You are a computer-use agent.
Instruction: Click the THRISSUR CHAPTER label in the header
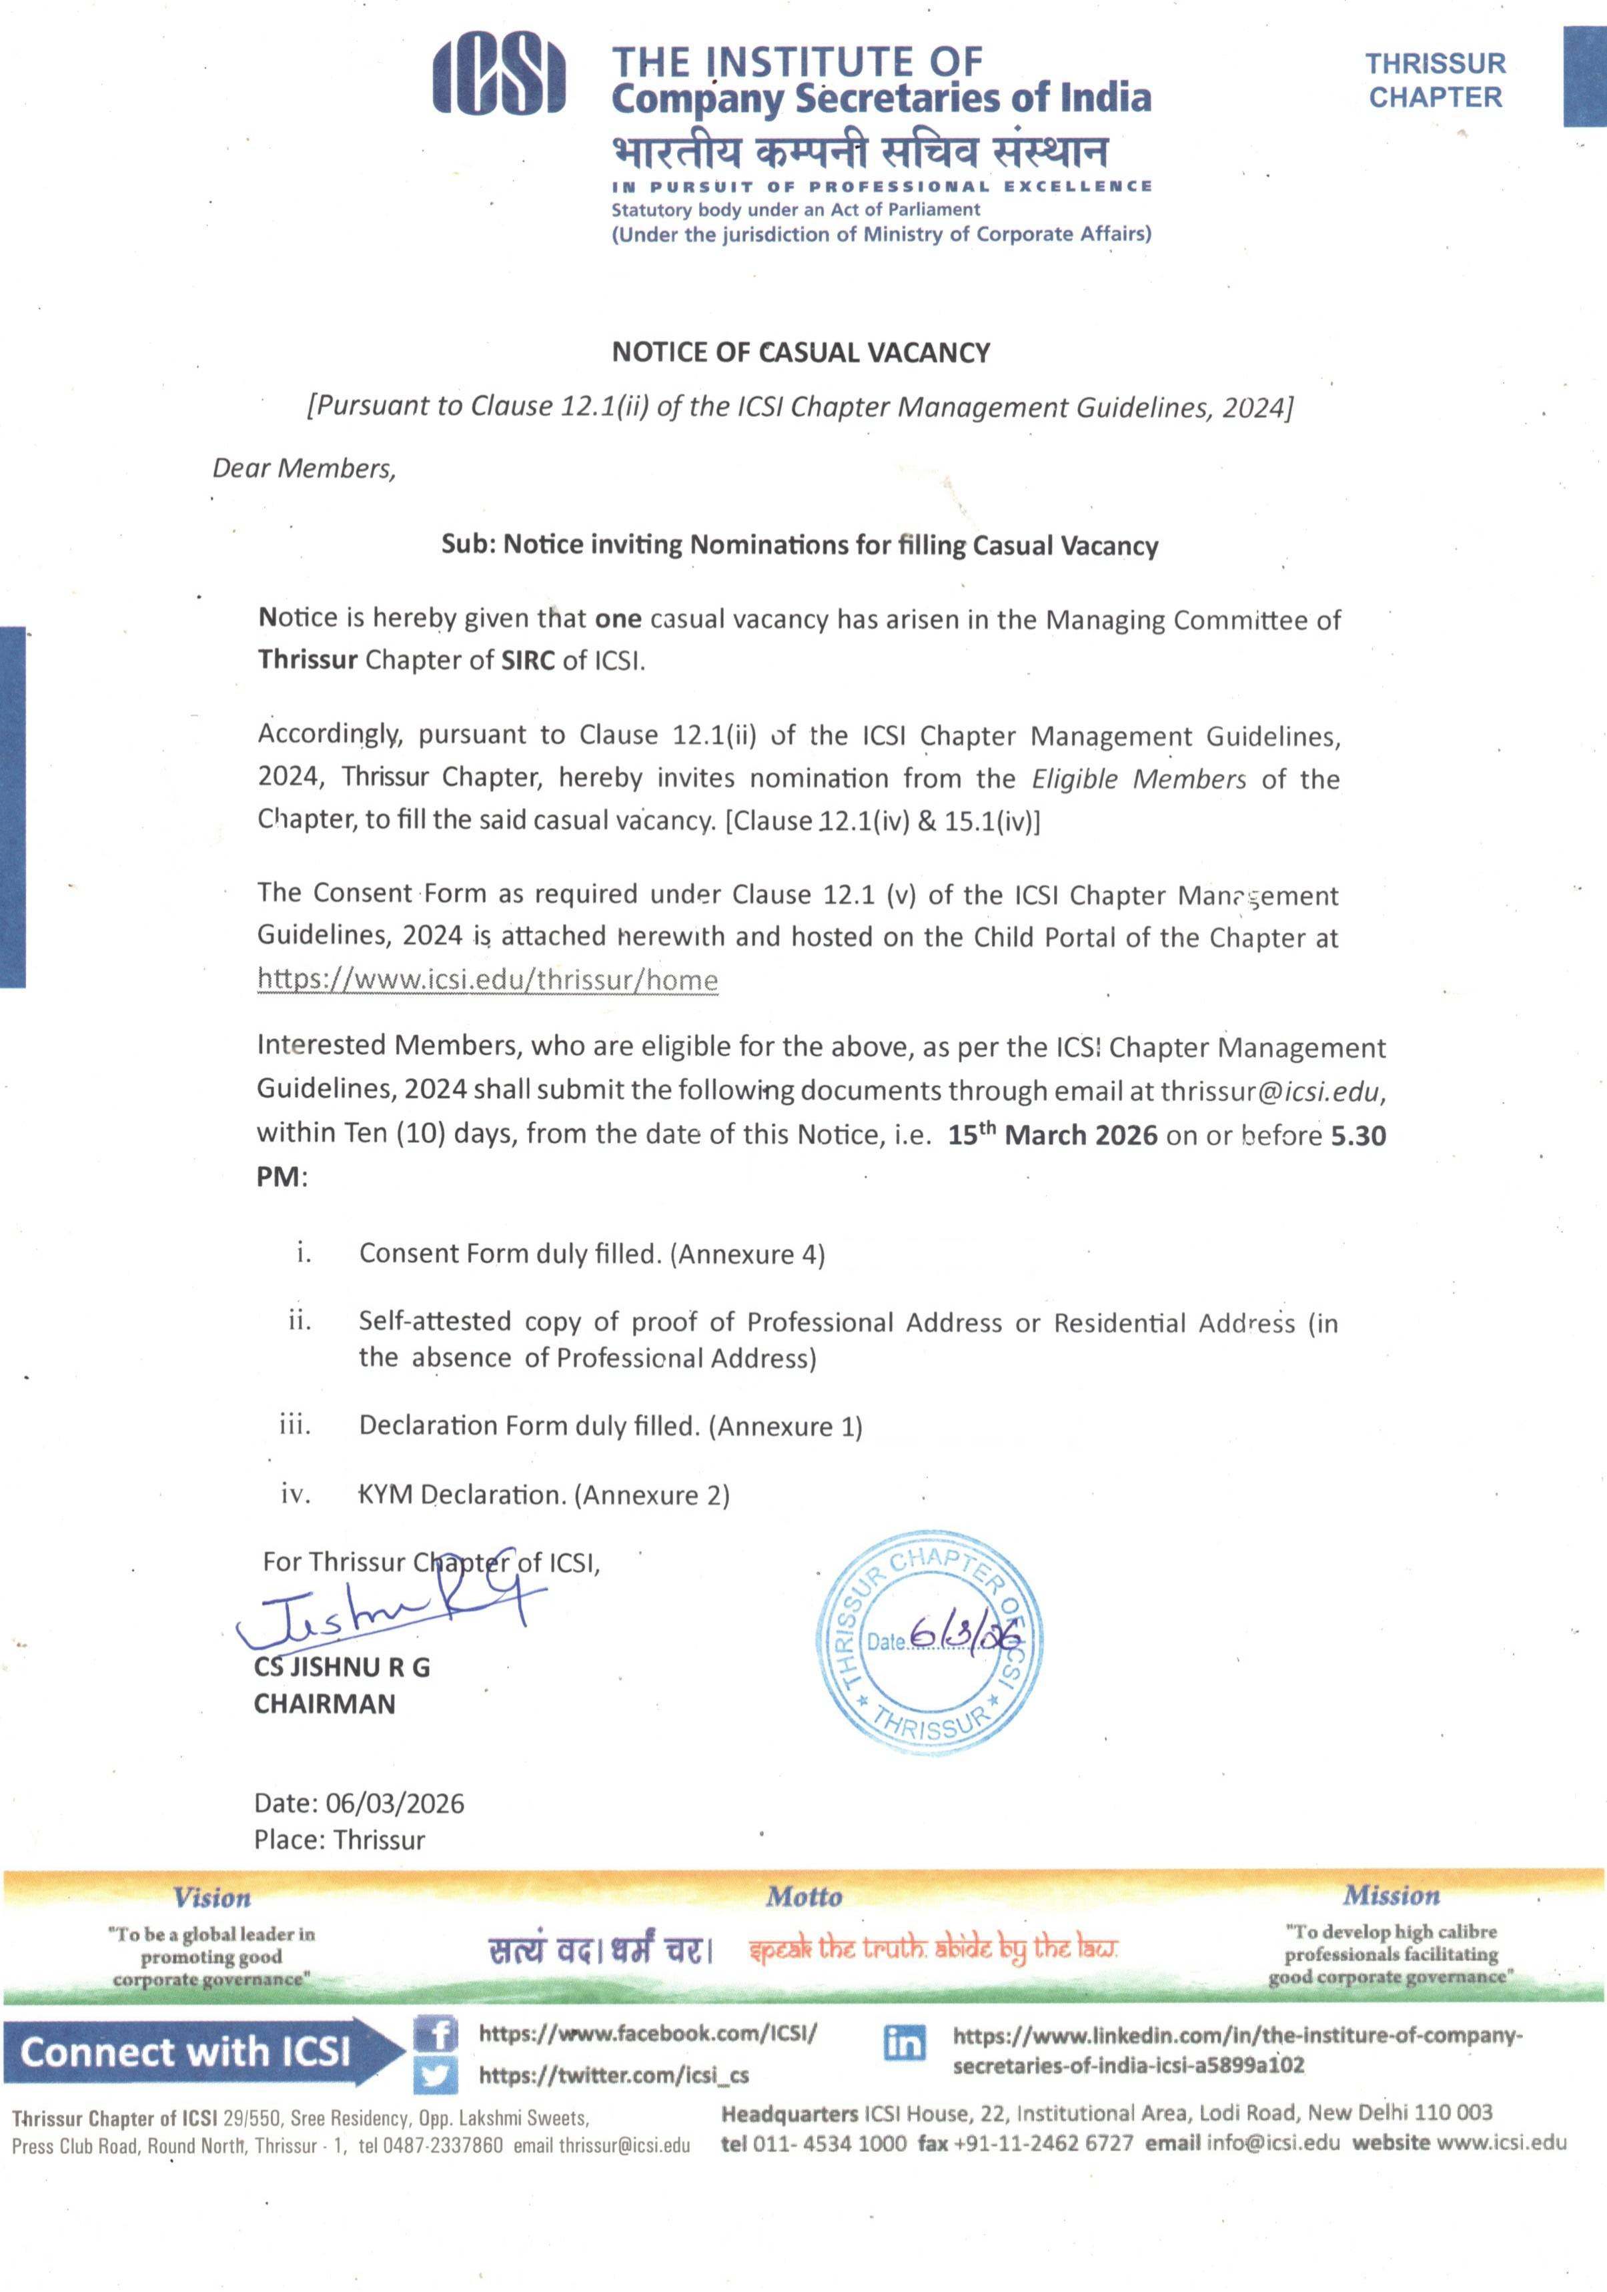[x=1434, y=81]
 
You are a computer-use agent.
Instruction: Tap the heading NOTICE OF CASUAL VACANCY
[x=800, y=352]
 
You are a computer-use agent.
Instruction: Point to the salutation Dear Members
[x=304, y=468]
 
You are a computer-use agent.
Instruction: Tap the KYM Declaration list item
[x=544, y=1495]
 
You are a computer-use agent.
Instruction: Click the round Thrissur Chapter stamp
[x=929, y=1642]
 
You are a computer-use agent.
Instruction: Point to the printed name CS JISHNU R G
[x=342, y=1667]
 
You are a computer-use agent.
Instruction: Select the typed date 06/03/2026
[x=394, y=1803]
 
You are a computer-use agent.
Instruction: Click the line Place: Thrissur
[x=340, y=1840]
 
